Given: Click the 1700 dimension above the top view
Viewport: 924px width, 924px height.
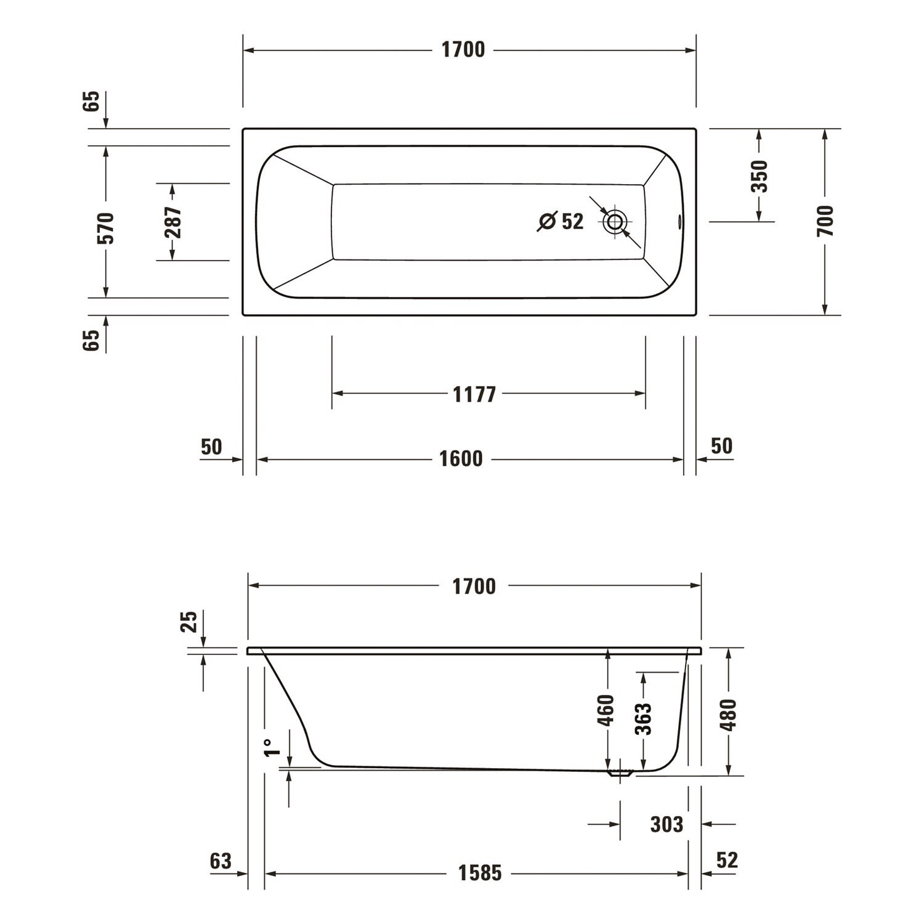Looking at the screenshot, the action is (463, 50).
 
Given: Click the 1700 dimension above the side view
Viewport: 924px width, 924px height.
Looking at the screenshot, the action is (474, 586).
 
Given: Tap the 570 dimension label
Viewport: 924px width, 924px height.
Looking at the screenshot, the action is (106, 228).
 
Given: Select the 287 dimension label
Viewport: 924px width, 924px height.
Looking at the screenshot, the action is (173, 222).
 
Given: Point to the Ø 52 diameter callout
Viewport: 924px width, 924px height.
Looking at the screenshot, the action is (561, 221).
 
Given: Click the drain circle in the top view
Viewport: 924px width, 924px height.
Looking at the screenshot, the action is (615, 222).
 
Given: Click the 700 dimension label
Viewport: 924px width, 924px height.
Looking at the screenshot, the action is (825, 221).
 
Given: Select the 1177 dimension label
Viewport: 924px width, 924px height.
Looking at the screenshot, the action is (474, 394).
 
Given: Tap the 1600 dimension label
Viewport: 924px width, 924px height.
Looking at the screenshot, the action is (461, 459).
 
